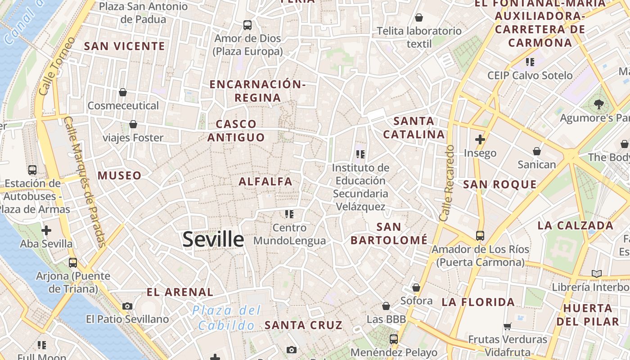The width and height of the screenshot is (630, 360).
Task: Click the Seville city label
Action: (x=213, y=239)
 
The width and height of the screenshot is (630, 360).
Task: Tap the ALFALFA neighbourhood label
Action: (x=265, y=182)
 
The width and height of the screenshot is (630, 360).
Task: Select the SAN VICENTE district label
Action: (x=125, y=46)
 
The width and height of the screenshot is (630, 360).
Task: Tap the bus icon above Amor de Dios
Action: (x=247, y=25)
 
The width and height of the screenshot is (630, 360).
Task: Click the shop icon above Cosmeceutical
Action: (x=123, y=92)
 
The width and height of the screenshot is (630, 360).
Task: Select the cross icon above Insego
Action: (x=480, y=139)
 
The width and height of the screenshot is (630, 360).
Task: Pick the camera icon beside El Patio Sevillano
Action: (x=127, y=306)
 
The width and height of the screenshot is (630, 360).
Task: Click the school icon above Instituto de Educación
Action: (x=360, y=154)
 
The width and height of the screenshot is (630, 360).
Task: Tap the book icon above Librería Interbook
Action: (x=597, y=274)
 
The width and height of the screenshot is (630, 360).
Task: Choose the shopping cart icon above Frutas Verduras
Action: (x=508, y=326)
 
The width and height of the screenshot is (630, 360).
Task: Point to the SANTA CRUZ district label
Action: (x=303, y=325)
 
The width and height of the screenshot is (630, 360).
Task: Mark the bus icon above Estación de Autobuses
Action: (x=32, y=170)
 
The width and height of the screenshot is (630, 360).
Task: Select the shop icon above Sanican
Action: (x=537, y=151)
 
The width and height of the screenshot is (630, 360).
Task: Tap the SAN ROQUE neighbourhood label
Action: (x=500, y=184)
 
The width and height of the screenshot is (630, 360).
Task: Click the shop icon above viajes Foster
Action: (x=133, y=124)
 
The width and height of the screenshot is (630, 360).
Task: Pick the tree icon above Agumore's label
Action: (x=598, y=105)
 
